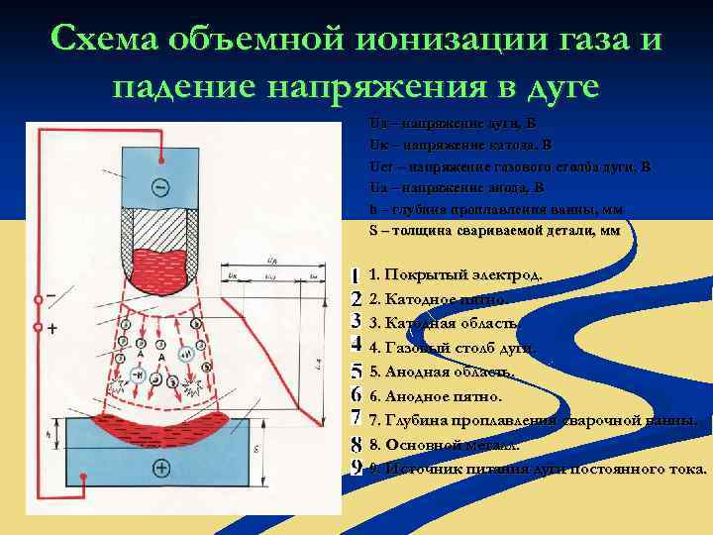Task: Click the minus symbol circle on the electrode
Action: coord(160,187)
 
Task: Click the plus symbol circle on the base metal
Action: coord(160,466)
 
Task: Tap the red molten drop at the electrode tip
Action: coord(160,263)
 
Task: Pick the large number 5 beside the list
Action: coord(356,372)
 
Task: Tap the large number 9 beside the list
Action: coord(356,468)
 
